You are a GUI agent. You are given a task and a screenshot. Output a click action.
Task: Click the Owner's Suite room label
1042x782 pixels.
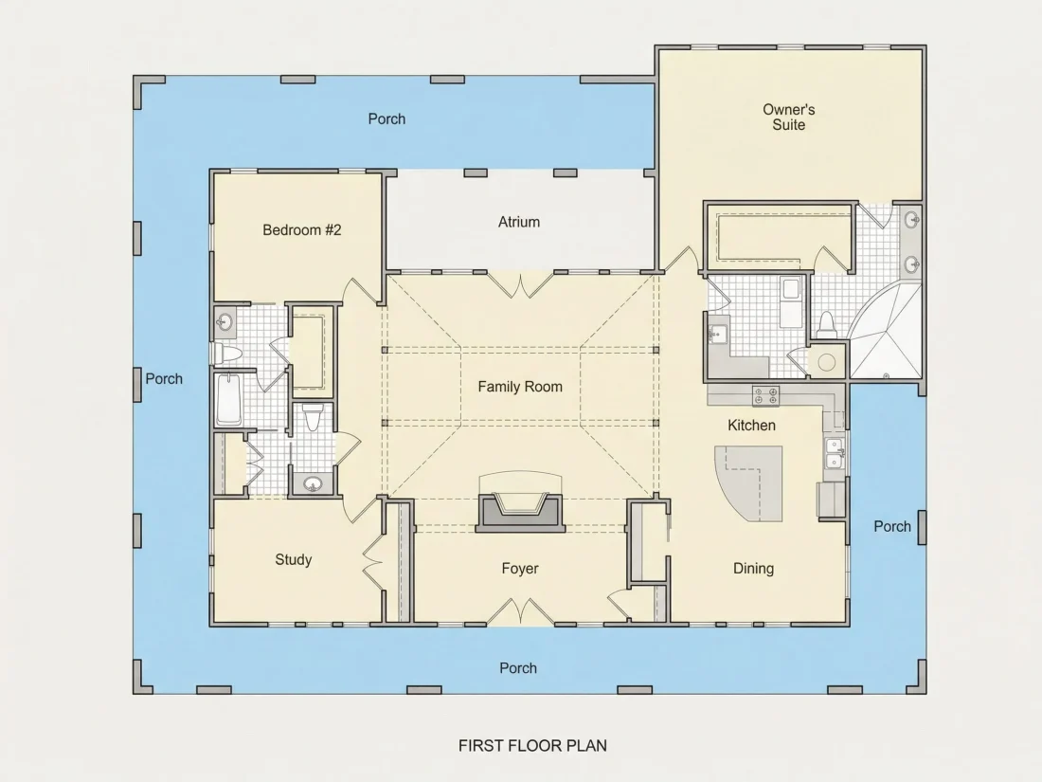click(789, 117)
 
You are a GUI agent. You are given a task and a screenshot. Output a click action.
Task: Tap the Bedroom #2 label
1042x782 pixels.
click(301, 230)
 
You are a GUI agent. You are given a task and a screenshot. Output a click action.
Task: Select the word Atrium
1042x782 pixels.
click(519, 222)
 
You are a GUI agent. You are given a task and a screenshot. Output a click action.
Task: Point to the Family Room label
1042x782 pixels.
click(520, 387)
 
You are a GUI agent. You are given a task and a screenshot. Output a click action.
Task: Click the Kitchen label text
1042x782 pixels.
click(751, 426)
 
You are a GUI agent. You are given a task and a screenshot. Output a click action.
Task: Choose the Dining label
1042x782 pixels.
click(754, 569)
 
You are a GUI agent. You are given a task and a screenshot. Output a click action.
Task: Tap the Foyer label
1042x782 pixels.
click(520, 569)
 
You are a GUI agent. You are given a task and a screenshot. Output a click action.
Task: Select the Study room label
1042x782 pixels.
click(293, 560)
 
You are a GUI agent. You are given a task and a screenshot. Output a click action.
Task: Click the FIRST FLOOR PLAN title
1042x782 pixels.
click(532, 746)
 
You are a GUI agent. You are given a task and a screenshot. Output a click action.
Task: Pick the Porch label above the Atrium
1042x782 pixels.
click(386, 119)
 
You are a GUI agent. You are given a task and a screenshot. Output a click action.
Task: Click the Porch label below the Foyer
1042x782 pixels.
click(518, 668)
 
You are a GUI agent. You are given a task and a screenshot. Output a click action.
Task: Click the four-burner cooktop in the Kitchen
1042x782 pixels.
click(765, 396)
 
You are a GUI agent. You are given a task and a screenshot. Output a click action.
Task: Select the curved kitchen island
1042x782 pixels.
click(749, 483)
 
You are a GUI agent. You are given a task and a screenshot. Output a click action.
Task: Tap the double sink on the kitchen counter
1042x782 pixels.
click(834, 453)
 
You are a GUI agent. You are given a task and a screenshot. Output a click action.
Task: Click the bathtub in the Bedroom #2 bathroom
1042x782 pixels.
click(228, 399)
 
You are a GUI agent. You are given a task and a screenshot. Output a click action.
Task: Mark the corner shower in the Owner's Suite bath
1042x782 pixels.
click(887, 331)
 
